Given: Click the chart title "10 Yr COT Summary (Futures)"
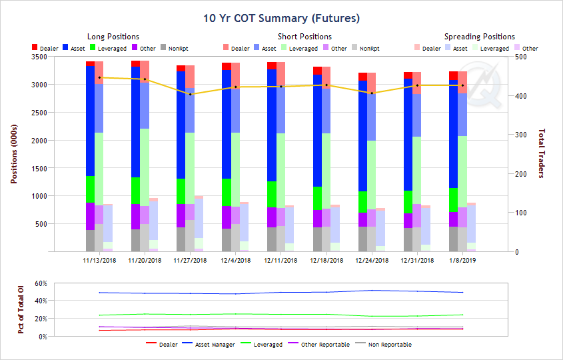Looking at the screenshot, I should coord(281,18).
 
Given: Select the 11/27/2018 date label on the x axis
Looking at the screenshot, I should coord(190,260).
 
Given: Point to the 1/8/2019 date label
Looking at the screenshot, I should coord(462,260).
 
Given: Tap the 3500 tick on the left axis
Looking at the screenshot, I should coord(37,57).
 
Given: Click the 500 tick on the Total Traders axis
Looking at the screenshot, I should coord(518,57).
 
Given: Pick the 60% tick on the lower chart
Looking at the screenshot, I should coord(39,283).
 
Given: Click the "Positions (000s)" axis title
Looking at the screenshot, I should coord(15,154).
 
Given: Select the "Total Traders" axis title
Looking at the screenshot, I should coord(541,154).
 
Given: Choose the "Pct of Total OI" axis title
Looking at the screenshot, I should coord(21,310).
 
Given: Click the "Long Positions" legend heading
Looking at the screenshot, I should coord(113,37).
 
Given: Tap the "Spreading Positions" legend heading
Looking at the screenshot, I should coord(480,37).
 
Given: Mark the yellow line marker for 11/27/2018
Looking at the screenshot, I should coord(191,94).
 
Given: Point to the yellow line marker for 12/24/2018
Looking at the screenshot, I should coord(372,93).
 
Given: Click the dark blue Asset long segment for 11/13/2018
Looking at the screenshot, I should coord(90,120).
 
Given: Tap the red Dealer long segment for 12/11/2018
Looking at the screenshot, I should coord(272,65).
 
